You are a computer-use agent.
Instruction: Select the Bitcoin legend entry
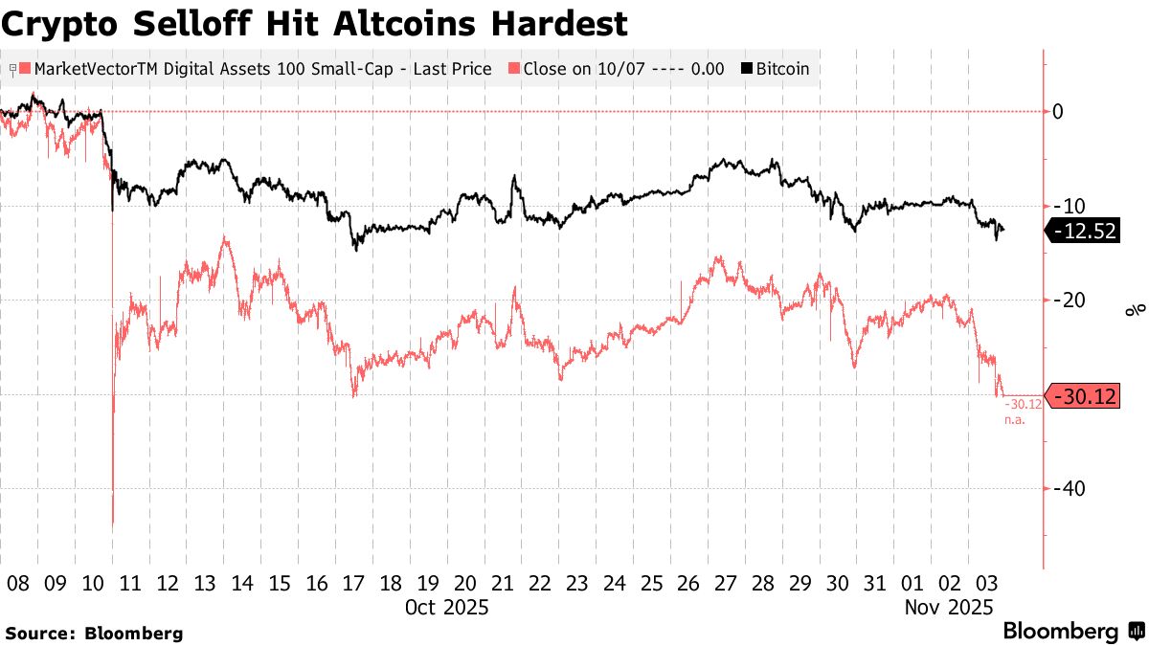776,69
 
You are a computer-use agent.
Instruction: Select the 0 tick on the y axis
1058,112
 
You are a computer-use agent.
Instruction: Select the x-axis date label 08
17,583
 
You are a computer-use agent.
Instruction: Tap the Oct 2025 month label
446,607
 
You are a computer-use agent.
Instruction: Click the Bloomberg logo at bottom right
1072,631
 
